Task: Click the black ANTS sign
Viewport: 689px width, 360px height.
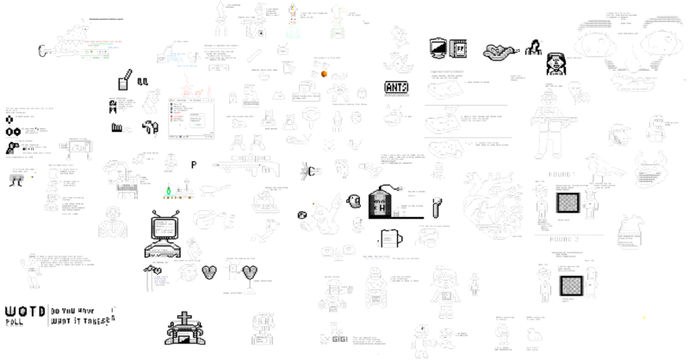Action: point(397,87)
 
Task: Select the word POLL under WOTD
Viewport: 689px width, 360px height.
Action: point(16,324)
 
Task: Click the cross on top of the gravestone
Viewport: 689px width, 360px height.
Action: point(186,316)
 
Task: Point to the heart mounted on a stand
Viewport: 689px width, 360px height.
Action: point(250,271)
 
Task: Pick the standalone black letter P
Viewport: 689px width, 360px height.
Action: point(194,164)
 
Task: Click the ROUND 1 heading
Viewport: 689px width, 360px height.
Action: point(562,174)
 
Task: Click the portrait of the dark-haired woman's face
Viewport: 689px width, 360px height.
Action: point(556,63)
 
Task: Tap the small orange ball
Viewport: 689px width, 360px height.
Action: point(323,74)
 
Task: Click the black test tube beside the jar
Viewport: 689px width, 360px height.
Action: point(437,208)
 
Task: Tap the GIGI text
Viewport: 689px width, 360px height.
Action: point(338,338)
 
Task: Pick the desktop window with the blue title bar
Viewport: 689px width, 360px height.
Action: point(190,117)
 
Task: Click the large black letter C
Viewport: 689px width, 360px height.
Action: point(307,171)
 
